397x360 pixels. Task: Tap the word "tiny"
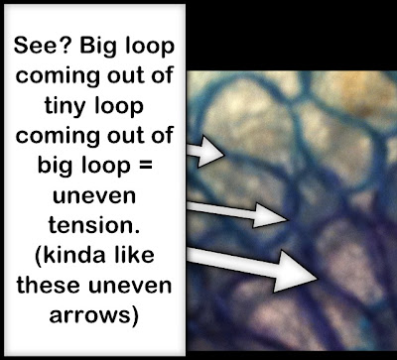[x=66, y=106]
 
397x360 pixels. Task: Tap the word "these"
[x=48, y=285]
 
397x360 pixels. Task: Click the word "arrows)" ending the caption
[x=93, y=315]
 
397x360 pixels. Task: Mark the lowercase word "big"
[x=56, y=165]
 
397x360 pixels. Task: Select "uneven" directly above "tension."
[x=94, y=195]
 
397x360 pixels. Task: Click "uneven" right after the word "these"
[x=130, y=286]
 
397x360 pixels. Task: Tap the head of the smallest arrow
[x=211, y=152]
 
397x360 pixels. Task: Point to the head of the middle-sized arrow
[x=270, y=215]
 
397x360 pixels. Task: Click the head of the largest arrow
[x=295, y=272]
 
